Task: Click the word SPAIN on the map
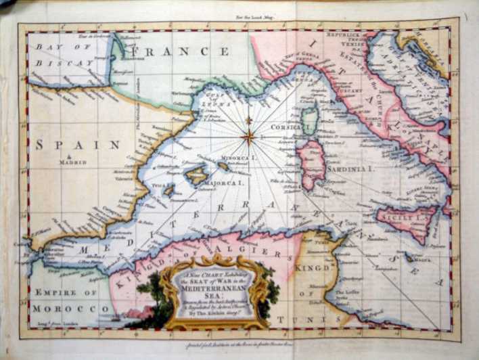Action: (78, 144)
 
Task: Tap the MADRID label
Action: (72, 162)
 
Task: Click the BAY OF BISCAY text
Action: (66, 55)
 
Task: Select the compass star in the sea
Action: (249, 136)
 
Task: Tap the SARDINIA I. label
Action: (350, 168)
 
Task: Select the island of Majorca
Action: (196, 175)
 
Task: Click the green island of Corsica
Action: (310, 121)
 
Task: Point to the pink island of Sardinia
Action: (313, 164)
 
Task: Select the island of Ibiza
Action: (168, 191)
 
